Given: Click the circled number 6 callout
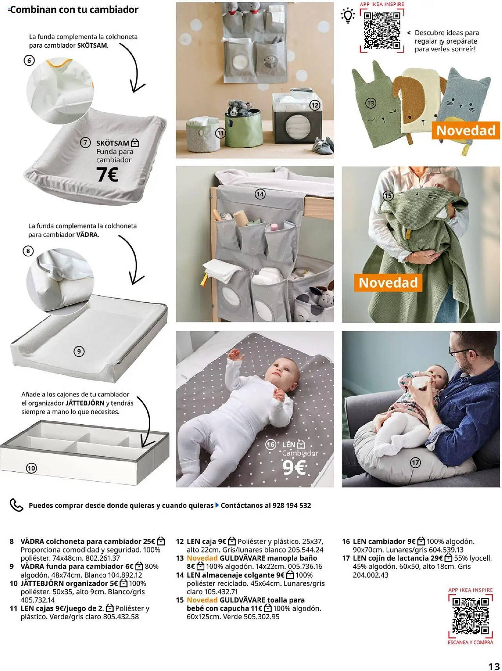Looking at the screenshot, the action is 29,60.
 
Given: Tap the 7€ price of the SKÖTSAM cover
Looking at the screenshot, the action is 107,175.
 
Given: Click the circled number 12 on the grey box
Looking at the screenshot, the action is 315,105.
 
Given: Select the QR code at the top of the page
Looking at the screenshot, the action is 382,31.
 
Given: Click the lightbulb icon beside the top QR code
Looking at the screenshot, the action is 348,16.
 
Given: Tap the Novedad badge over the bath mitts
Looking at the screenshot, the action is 466,131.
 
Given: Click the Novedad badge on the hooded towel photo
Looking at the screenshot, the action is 388,282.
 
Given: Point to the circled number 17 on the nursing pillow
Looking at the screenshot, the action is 415,463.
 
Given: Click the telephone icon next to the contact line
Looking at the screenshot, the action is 16,505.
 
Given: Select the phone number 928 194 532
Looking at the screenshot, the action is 292,506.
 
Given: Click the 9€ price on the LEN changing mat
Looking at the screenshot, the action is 294,467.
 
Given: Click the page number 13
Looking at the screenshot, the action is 494,666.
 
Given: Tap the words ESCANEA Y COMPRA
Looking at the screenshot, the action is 470,642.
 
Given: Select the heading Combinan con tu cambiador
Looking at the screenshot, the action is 74,10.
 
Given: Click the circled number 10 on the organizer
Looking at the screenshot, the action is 31,468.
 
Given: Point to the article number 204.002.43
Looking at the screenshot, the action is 370,575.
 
